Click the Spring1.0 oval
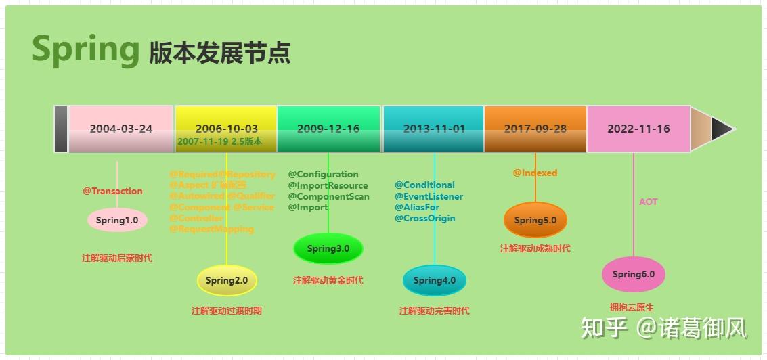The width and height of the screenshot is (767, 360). pos(117,220)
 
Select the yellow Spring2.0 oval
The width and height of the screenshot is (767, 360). pos(227,280)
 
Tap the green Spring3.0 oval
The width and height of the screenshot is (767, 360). pos(328,248)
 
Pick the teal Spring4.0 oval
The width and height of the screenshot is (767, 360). pos(435,280)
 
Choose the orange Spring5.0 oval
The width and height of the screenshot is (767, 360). pos(535,220)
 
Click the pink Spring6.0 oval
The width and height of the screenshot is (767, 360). pos(634,274)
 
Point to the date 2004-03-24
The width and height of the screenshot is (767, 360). pos(121,129)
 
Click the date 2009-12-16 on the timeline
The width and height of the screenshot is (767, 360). pos(328,129)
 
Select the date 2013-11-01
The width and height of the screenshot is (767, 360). pos(434,129)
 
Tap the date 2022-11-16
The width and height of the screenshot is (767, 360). pos(638,129)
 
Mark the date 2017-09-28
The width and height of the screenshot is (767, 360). pos(535,129)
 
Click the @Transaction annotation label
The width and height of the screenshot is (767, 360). pos(113,191)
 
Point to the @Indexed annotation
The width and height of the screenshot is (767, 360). pos(535,173)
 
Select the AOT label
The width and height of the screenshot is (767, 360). pos(648,202)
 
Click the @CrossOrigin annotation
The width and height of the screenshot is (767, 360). pos(425,218)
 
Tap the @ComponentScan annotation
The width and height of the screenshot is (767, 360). pos(329,196)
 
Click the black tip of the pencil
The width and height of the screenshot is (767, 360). pos(722,129)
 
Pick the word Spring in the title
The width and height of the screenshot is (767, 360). pos(85,49)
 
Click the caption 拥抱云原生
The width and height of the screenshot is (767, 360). pos(632,307)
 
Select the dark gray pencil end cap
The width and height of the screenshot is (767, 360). pos(61,129)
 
